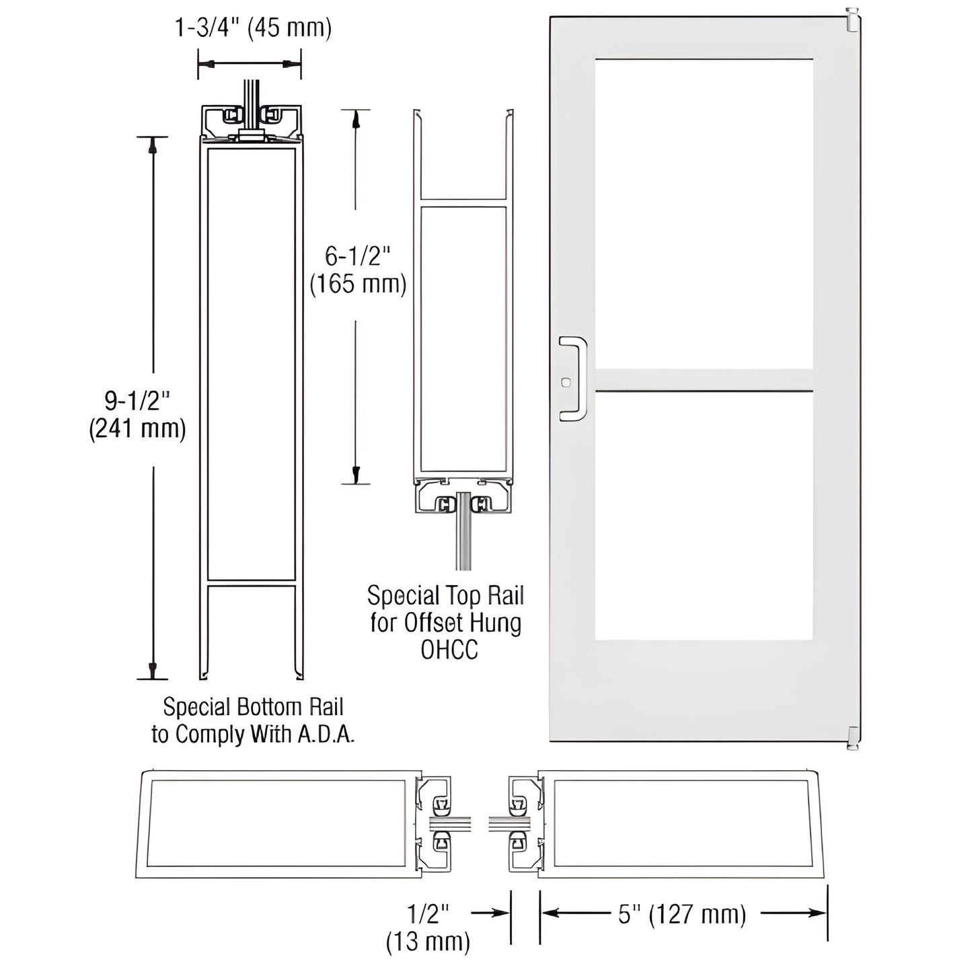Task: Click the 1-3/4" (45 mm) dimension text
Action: tap(253, 28)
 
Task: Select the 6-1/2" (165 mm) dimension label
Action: tap(358, 270)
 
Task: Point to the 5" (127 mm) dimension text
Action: tap(682, 915)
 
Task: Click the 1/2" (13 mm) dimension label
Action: tap(428, 927)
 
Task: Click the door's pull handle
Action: tap(574, 379)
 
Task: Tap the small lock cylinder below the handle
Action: tap(564, 383)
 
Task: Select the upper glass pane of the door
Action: tap(704, 213)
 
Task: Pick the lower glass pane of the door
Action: tap(704, 515)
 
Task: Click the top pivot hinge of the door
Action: tap(852, 20)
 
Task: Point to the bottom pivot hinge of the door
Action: tap(852, 738)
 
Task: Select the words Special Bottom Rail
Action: tap(254, 707)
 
